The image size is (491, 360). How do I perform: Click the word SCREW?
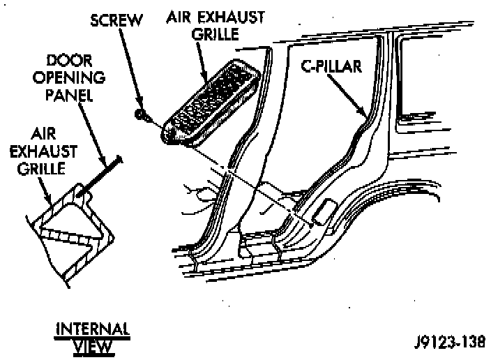[x=116, y=20]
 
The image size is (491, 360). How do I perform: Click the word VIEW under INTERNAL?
[x=93, y=344]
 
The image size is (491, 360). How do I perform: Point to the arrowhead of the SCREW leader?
[x=139, y=107]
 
